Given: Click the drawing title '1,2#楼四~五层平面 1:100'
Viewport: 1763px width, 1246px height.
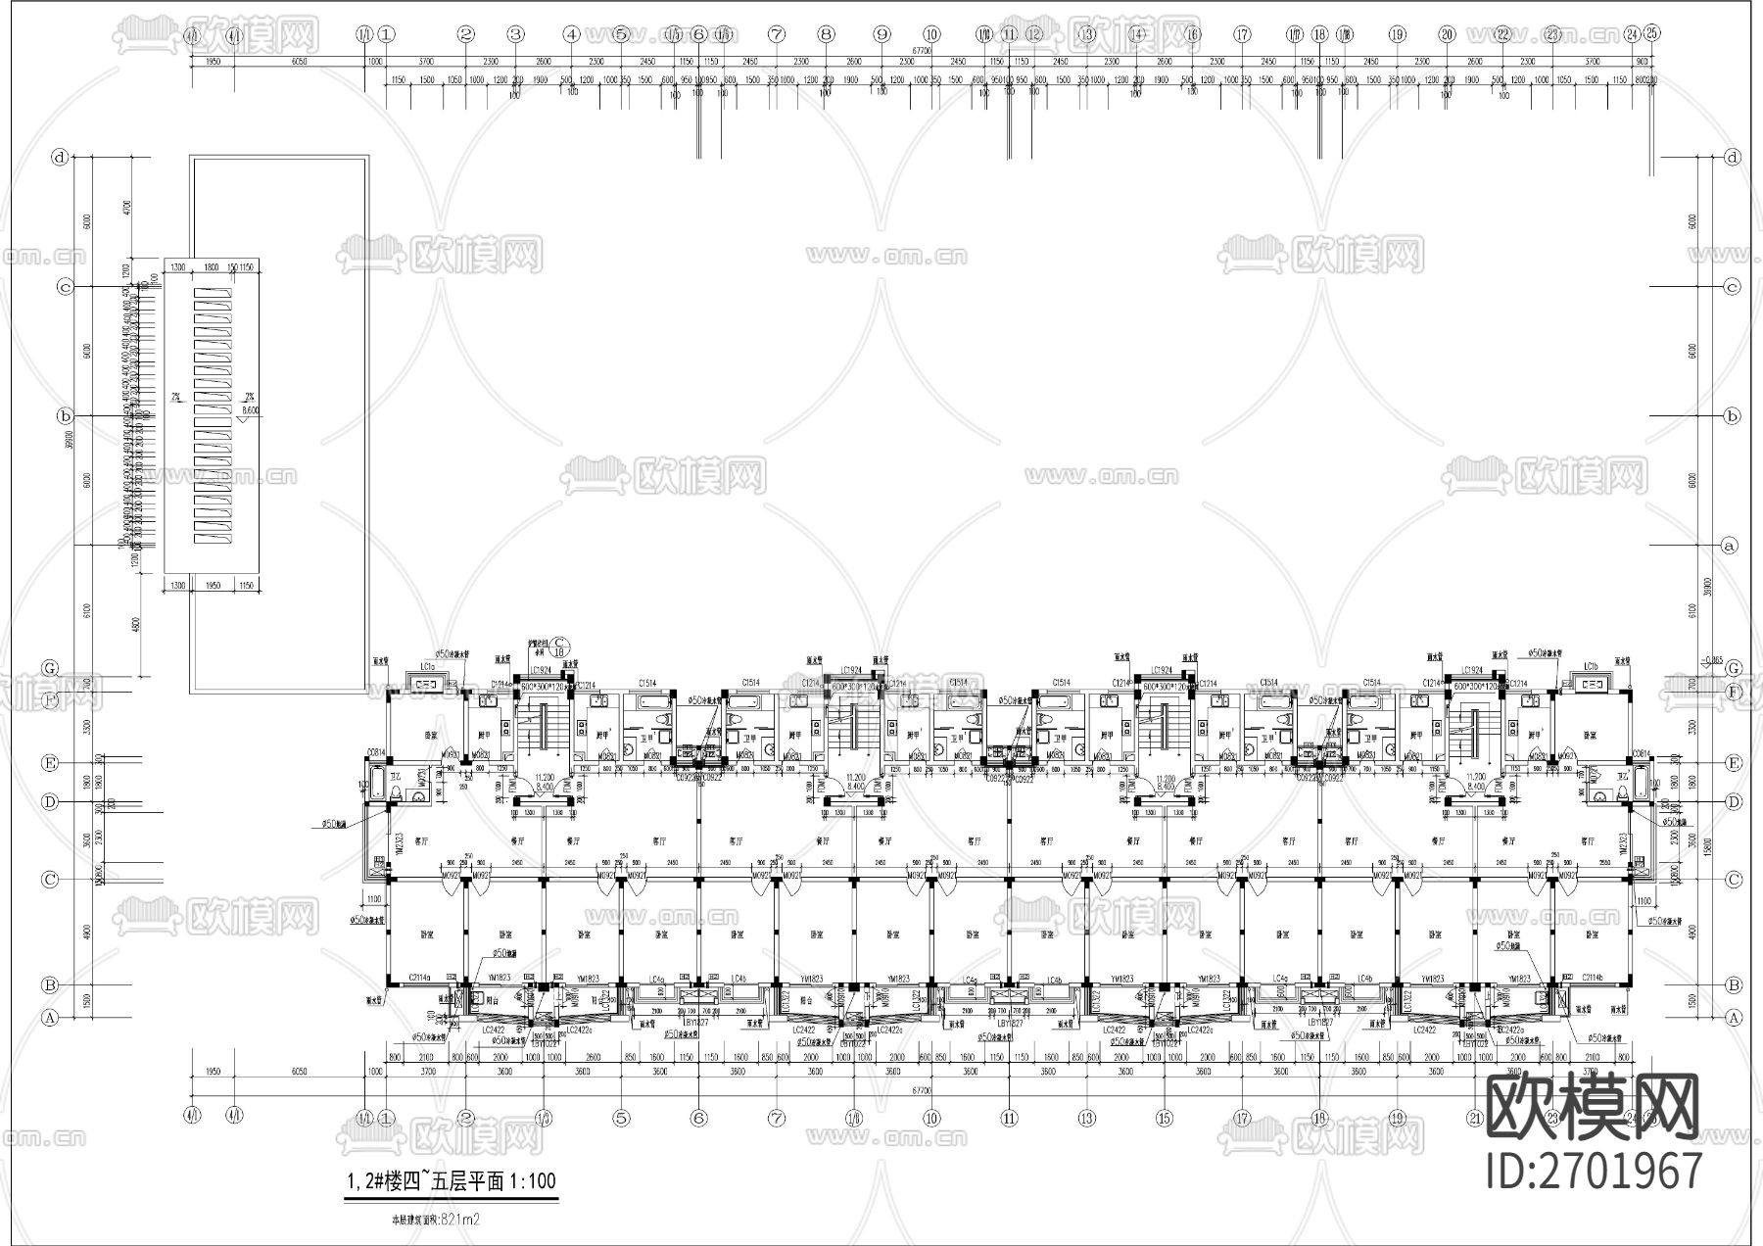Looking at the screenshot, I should click(451, 1180).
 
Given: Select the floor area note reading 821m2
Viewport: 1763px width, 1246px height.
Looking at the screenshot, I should click(432, 1220).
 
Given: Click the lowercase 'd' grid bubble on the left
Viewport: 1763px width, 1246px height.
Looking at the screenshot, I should click(61, 157).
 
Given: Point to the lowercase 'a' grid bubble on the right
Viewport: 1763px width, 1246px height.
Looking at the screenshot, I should click(1730, 546).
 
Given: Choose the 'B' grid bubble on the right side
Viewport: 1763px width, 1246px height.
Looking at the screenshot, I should click(1734, 985).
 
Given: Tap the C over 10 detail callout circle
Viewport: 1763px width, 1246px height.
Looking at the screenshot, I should click(561, 643).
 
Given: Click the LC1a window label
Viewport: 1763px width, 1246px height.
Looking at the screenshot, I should click(428, 666).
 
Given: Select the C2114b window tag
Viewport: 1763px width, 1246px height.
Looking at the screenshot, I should click(1591, 978).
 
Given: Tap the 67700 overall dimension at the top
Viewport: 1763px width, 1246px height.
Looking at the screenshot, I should click(921, 49).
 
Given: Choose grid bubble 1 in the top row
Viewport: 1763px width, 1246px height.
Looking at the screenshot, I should click(386, 34).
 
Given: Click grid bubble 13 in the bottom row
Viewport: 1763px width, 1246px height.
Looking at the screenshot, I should click(1086, 1117).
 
